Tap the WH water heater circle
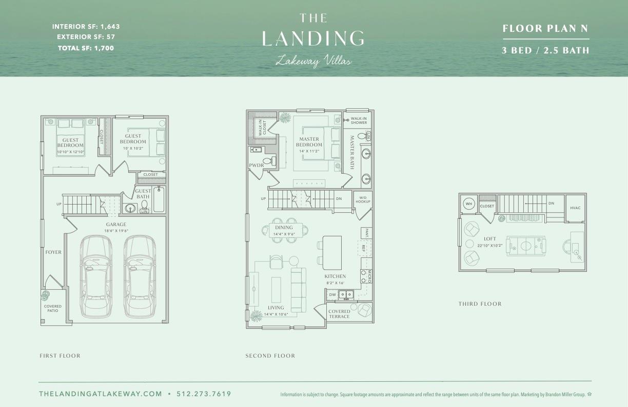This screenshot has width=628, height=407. tap(468, 204)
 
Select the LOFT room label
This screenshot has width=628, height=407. tap(490, 239)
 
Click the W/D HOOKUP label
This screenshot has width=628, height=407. tap(363, 199)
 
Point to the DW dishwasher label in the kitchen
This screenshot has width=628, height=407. tap(332, 295)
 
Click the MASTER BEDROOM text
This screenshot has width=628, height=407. tap(309, 142)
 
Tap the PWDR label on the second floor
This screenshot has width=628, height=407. tap(256, 165)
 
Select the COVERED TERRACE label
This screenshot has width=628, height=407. tap(339, 313)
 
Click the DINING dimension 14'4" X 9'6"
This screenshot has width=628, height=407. tap(284, 234)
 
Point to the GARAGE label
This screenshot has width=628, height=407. tap(116, 225)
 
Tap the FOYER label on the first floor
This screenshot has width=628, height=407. tap(53, 252)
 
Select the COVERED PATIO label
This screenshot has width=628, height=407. tap(52, 308)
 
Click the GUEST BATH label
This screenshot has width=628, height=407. tap(143, 194)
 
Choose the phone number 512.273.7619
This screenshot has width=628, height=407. tap(204, 394)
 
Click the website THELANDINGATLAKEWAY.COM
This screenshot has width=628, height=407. tap(101, 394)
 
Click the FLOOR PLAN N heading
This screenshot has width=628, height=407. tap(545, 29)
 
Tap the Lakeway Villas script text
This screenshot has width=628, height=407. tap(313, 61)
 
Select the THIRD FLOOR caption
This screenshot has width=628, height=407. tap(480, 304)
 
